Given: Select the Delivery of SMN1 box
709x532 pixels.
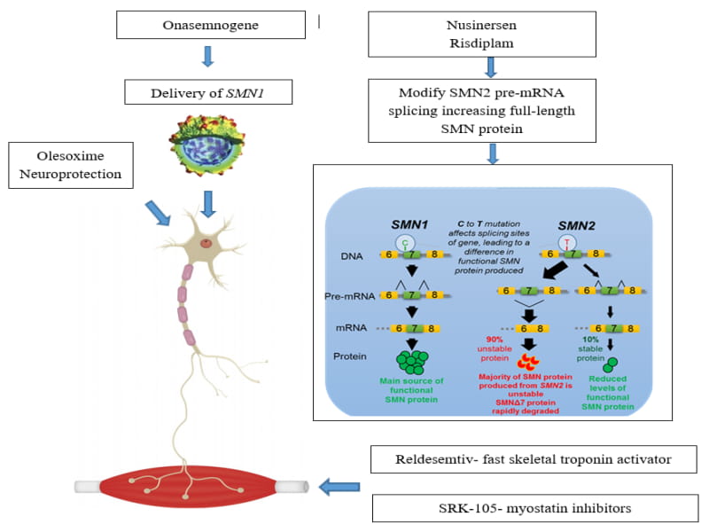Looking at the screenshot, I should click(x=209, y=90).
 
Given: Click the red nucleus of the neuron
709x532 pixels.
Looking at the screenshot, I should click(x=206, y=242).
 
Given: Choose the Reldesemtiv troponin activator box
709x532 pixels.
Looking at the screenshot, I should click(x=533, y=459).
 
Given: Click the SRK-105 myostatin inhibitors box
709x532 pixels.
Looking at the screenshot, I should click(x=533, y=509).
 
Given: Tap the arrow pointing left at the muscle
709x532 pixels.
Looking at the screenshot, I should click(x=339, y=486).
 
